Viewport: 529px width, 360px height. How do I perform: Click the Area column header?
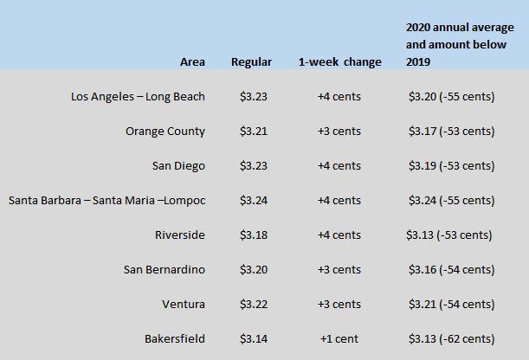tap(192, 62)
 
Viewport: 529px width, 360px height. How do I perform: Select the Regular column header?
tap(251, 62)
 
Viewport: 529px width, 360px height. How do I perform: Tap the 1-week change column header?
tap(339, 62)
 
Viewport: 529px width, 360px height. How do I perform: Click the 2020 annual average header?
tap(460, 44)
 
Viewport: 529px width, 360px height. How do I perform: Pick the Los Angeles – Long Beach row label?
tap(138, 97)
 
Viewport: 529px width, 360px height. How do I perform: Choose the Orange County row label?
tap(165, 132)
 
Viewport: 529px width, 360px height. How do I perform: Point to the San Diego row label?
tap(178, 166)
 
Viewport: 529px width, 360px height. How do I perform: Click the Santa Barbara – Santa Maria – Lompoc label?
tap(107, 201)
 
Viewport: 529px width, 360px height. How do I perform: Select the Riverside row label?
tap(180, 235)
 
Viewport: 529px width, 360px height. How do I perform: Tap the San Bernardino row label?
tap(165, 270)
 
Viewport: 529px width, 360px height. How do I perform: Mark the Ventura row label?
tap(184, 305)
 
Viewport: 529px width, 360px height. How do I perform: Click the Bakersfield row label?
tap(175, 338)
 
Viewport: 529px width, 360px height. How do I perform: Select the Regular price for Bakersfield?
tap(254, 338)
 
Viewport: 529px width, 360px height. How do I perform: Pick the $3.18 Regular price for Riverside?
tap(254, 235)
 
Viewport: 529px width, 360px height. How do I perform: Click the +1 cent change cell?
tap(339, 338)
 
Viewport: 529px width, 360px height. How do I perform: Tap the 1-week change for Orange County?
tap(339, 132)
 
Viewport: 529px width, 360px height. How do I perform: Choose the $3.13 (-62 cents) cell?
tap(452, 338)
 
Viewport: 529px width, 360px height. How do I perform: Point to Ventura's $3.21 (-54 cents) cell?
tap(452, 305)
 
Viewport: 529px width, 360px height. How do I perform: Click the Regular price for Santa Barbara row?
tap(254, 201)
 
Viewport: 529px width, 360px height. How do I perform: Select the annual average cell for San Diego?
tap(452, 166)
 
